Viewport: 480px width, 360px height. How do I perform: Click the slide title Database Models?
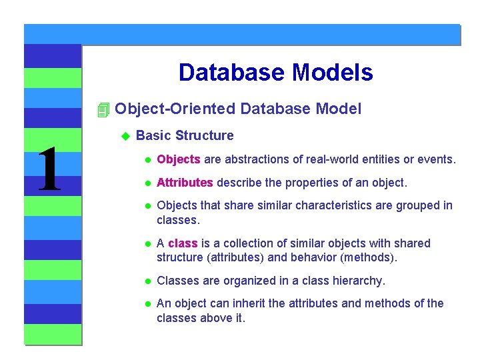[275, 73]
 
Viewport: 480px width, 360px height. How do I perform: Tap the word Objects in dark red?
[178, 160]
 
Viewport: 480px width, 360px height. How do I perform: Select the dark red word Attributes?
[185, 183]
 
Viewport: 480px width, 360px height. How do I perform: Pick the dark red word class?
[183, 243]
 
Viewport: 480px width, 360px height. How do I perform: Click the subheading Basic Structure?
[185, 136]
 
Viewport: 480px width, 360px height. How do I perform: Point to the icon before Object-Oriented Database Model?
[102, 109]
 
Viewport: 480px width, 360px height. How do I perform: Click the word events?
[437, 160]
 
